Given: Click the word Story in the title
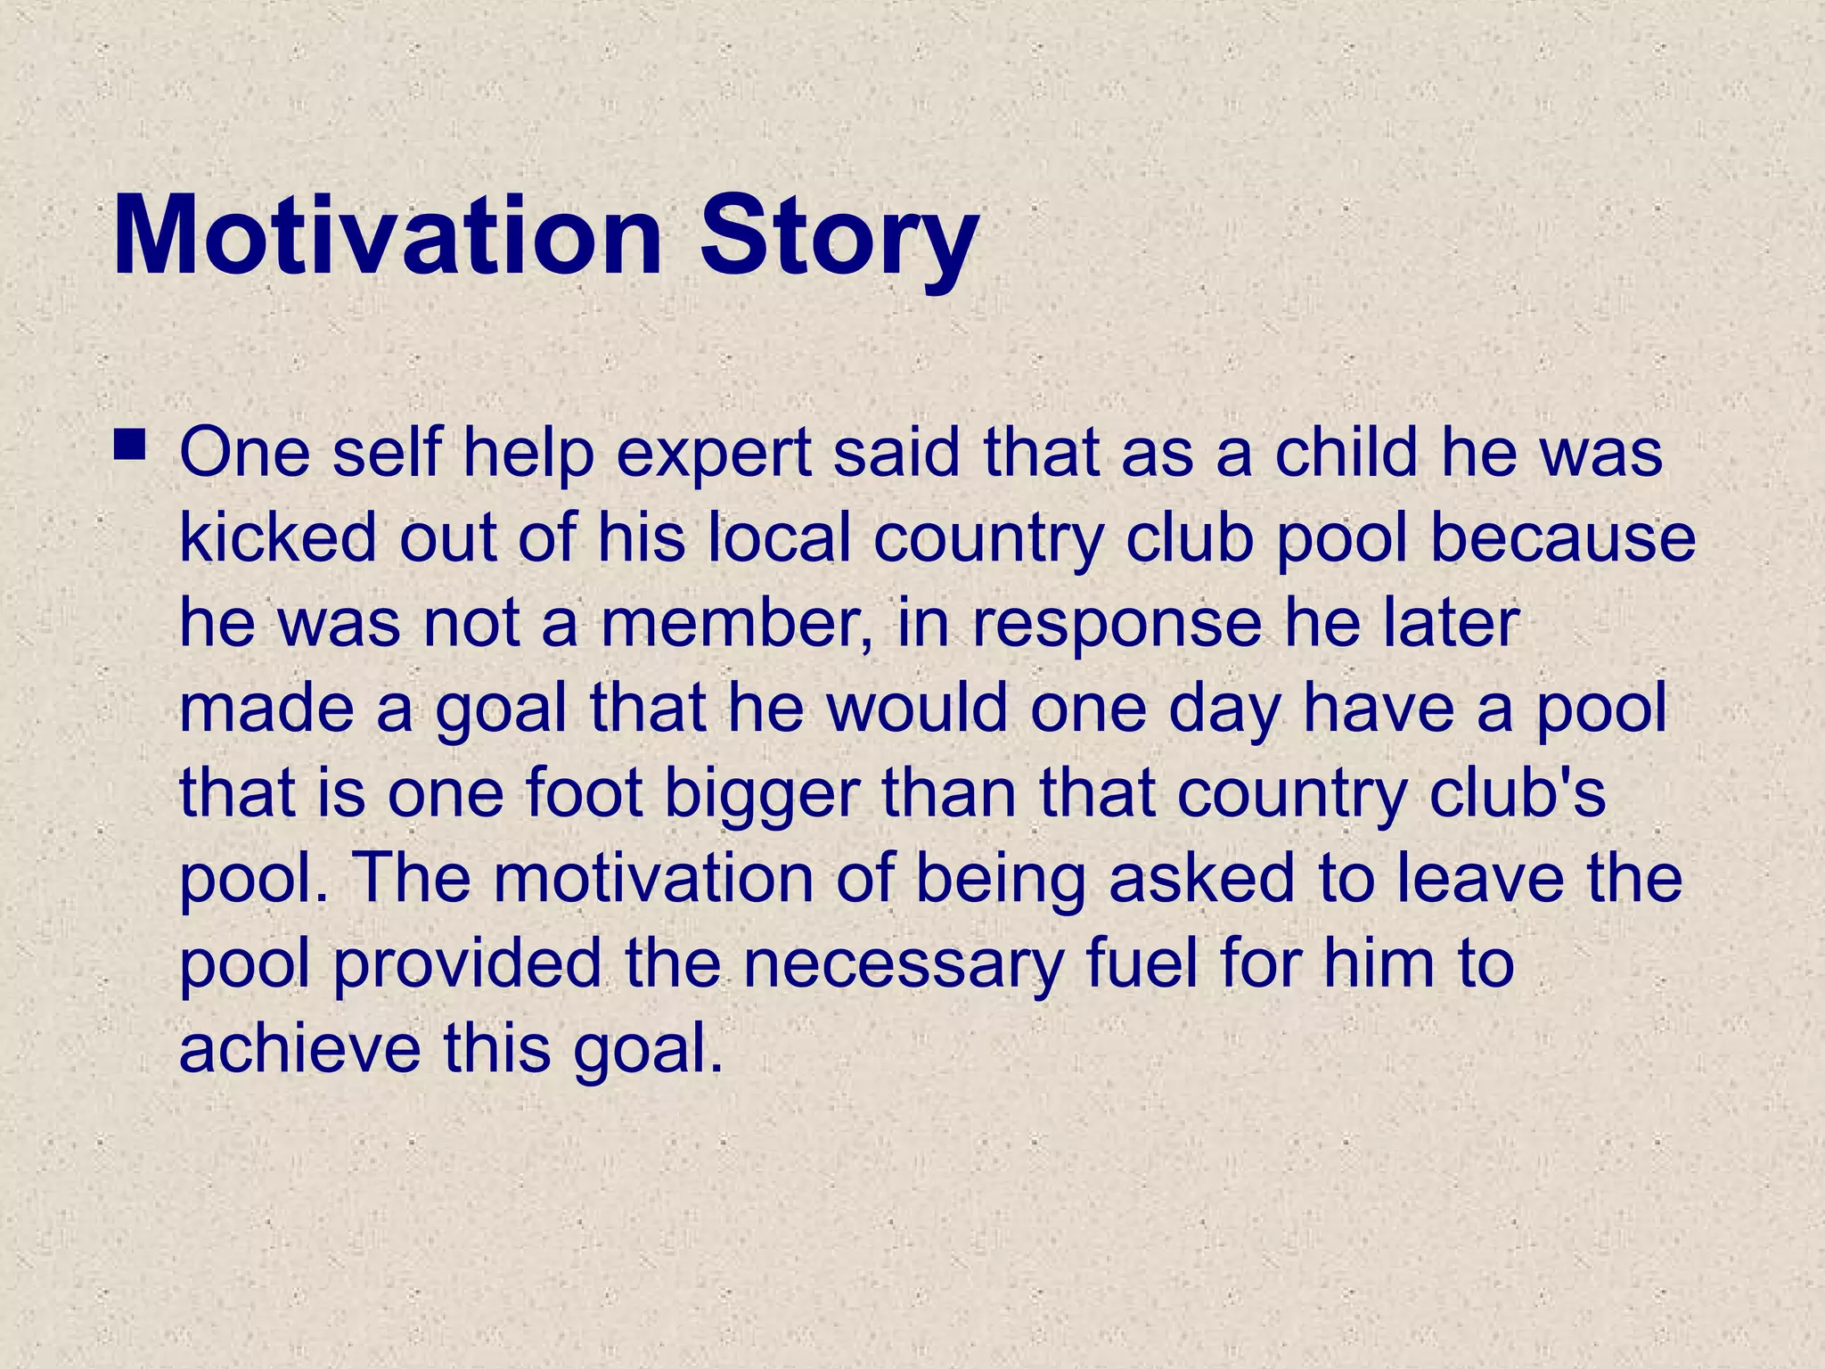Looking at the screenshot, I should point(839,236).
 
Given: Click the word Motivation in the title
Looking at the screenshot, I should point(388,236).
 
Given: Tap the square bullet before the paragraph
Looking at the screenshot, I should point(130,444).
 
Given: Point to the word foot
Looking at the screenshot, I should point(584,792).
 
